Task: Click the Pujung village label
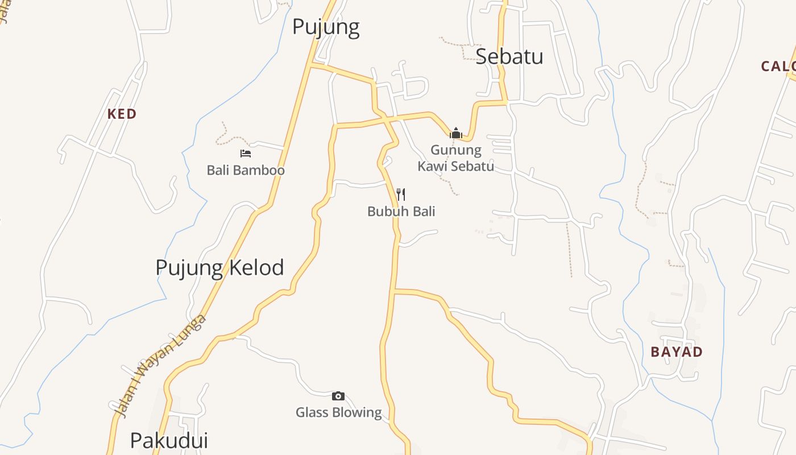click(326, 27)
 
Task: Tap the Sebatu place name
click(509, 56)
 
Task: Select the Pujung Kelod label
click(219, 267)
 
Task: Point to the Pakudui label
click(169, 440)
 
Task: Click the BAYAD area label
click(677, 351)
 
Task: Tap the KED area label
click(122, 114)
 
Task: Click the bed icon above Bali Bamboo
click(246, 154)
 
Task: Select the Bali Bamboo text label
click(246, 170)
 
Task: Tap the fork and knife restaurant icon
click(401, 195)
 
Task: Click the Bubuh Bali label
click(401, 211)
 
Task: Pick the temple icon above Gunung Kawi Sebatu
click(455, 134)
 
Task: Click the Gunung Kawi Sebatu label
click(455, 158)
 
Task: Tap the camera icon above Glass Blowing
click(338, 396)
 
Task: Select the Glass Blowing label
click(338, 412)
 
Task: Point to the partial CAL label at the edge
click(778, 66)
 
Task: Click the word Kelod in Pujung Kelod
click(257, 267)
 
